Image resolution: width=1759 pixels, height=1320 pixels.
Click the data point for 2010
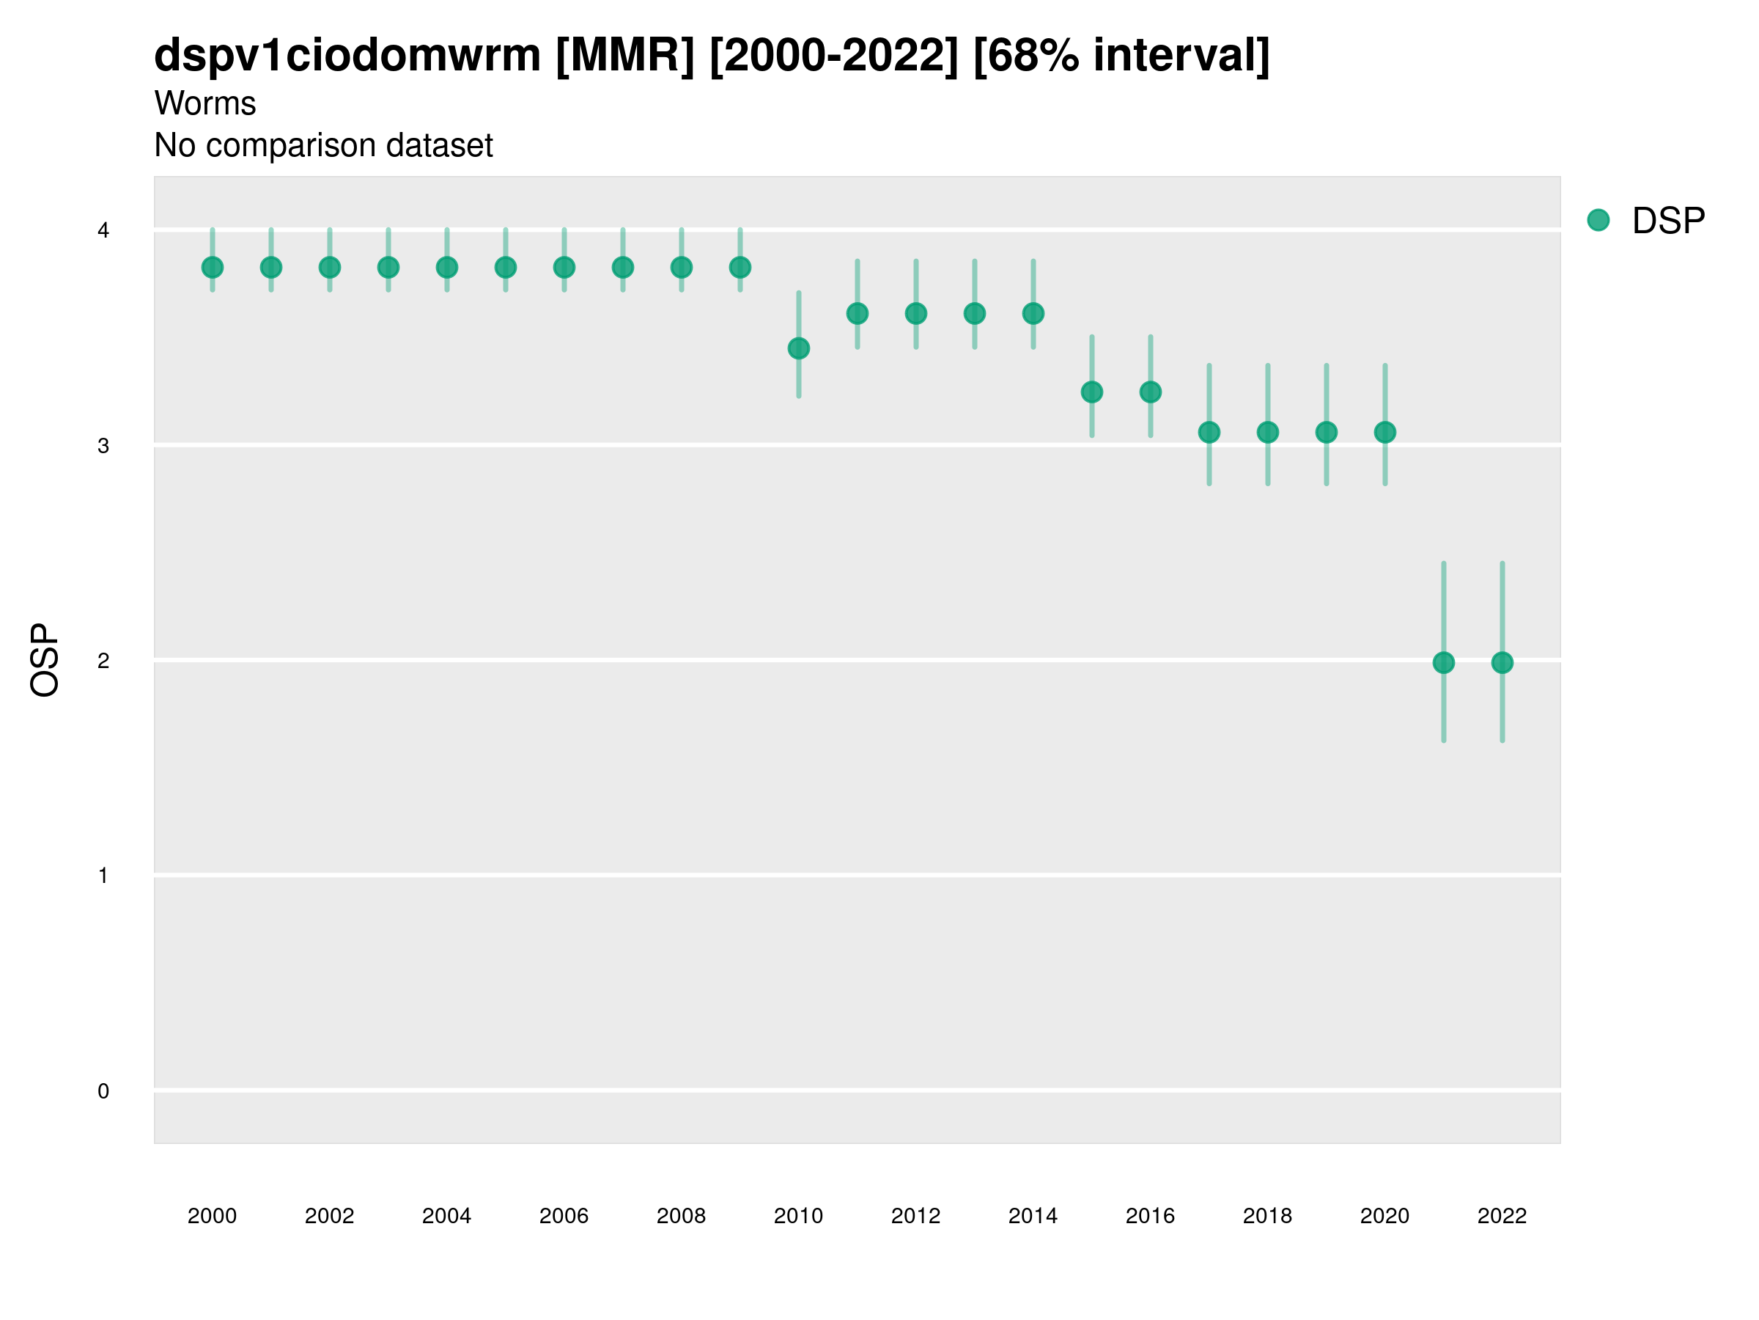pyautogui.click(x=798, y=348)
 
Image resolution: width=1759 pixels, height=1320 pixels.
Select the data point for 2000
pyautogui.click(x=213, y=268)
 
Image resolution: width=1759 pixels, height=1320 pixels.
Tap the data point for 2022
pyautogui.click(x=1502, y=663)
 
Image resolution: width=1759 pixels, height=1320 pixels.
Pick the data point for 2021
pyautogui.click(x=1443, y=663)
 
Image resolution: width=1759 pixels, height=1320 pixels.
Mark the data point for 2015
pyautogui.click(x=1092, y=392)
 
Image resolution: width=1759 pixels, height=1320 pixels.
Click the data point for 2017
pyautogui.click(x=1209, y=432)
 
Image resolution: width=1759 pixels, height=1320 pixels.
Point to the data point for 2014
pyautogui.click(x=1033, y=313)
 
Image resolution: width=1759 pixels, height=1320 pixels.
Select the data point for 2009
pyautogui.click(x=740, y=268)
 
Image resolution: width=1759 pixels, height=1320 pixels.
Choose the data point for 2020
pyautogui.click(x=1384, y=432)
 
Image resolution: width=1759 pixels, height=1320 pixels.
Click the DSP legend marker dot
pyautogui.click(x=1598, y=219)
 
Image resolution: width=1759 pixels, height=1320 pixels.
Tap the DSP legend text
pyautogui.click(x=1668, y=221)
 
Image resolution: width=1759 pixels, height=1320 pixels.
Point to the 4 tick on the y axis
pyautogui.click(x=103, y=231)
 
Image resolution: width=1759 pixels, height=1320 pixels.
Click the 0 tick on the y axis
pyautogui.click(x=103, y=1091)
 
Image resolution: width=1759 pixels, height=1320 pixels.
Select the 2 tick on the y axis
pyautogui.click(x=103, y=661)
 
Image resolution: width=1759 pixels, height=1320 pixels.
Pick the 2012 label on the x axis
pyautogui.click(x=915, y=1216)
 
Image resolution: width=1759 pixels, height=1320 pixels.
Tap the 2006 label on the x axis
pyautogui.click(x=564, y=1216)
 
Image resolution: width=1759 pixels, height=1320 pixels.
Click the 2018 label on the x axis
pyautogui.click(x=1267, y=1216)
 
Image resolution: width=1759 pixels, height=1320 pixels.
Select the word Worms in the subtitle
pyautogui.click(x=205, y=103)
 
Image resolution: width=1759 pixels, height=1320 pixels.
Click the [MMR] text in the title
pyautogui.click(x=625, y=56)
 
